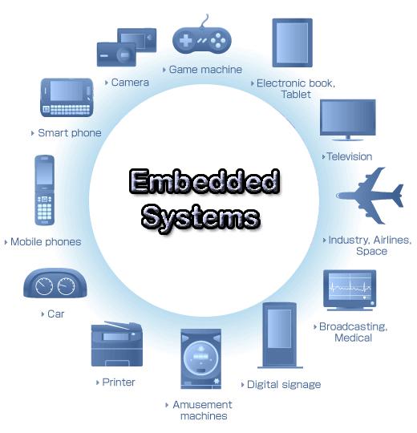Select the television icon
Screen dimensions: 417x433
click(x=348, y=119)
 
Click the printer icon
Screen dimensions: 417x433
click(x=117, y=344)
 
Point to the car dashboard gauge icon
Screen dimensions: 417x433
click(x=55, y=283)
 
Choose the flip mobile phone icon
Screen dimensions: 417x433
click(x=44, y=190)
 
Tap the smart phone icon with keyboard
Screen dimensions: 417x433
click(x=67, y=98)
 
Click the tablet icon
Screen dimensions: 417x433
click(x=292, y=42)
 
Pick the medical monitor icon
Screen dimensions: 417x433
click(x=350, y=290)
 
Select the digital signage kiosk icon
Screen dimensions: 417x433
click(x=280, y=335)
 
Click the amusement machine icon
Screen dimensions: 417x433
click(x=200, y=358)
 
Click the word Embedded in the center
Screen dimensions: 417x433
click(x=204, y=181)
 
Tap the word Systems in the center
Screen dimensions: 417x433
click(x=200, y=218)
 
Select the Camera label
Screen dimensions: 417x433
click(x=130, y=83)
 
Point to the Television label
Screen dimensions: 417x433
click(x=350, y=156)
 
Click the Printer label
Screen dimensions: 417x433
click(x=119, y=382)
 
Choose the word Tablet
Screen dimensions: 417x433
click(x=296, y=95)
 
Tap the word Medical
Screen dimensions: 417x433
click(x=353, y=338)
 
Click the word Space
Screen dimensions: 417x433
click(x=372, y=252)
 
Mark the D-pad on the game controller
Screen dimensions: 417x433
click(x=185, y=41)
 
